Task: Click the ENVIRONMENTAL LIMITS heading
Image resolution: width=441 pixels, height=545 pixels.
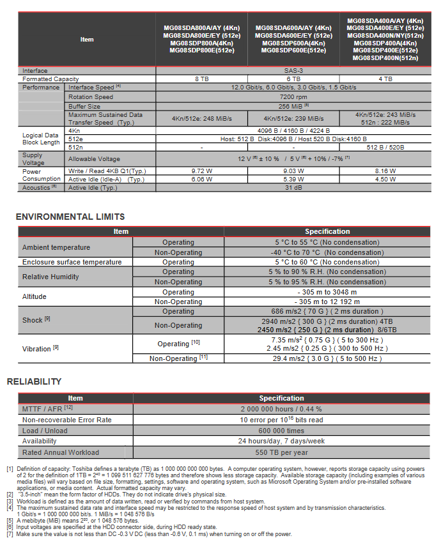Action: click(70, 217)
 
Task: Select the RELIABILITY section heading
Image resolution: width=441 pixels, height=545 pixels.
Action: click(34, 381)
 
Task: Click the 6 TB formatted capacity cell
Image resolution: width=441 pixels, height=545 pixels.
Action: click(293, 79)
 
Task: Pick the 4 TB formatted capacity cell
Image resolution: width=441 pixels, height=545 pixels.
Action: click(385, 79)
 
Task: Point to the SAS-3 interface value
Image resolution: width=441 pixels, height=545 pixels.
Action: click(293, 70)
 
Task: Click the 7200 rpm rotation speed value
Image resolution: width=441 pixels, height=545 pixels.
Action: click(293, 96)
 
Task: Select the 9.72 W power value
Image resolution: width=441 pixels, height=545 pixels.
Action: click(202, 171)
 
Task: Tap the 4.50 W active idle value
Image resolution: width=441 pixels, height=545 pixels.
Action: click(385, 180)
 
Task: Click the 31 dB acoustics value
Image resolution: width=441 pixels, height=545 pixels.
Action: click(293, 188)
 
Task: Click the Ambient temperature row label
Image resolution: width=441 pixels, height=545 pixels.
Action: click(56, 247)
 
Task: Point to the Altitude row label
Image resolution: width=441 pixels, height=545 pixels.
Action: click(35, 296)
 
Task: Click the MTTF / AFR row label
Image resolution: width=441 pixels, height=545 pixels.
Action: click(47, 408)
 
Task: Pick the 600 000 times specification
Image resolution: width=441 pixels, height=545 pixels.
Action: click(281, 430)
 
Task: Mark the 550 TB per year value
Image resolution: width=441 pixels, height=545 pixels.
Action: click(281, 452)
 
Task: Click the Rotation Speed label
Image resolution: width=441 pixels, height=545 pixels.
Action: click(91, 96)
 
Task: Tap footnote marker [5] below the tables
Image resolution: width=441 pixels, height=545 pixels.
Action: click(10, 520)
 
